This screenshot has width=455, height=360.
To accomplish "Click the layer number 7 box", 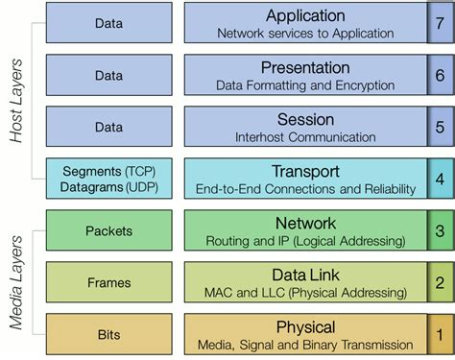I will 438,24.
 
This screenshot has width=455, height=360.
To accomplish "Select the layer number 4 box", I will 438,180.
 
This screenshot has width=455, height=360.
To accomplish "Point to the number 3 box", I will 438,231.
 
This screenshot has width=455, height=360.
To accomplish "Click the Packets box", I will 108,231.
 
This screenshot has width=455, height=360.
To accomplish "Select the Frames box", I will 108,283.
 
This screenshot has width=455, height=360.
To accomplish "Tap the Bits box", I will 108,335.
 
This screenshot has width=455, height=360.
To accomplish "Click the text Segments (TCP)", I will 108,171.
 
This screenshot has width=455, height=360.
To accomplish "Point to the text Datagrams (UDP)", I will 108,186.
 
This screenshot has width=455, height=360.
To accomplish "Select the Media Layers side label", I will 16,284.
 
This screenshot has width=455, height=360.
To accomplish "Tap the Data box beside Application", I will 108,24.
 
